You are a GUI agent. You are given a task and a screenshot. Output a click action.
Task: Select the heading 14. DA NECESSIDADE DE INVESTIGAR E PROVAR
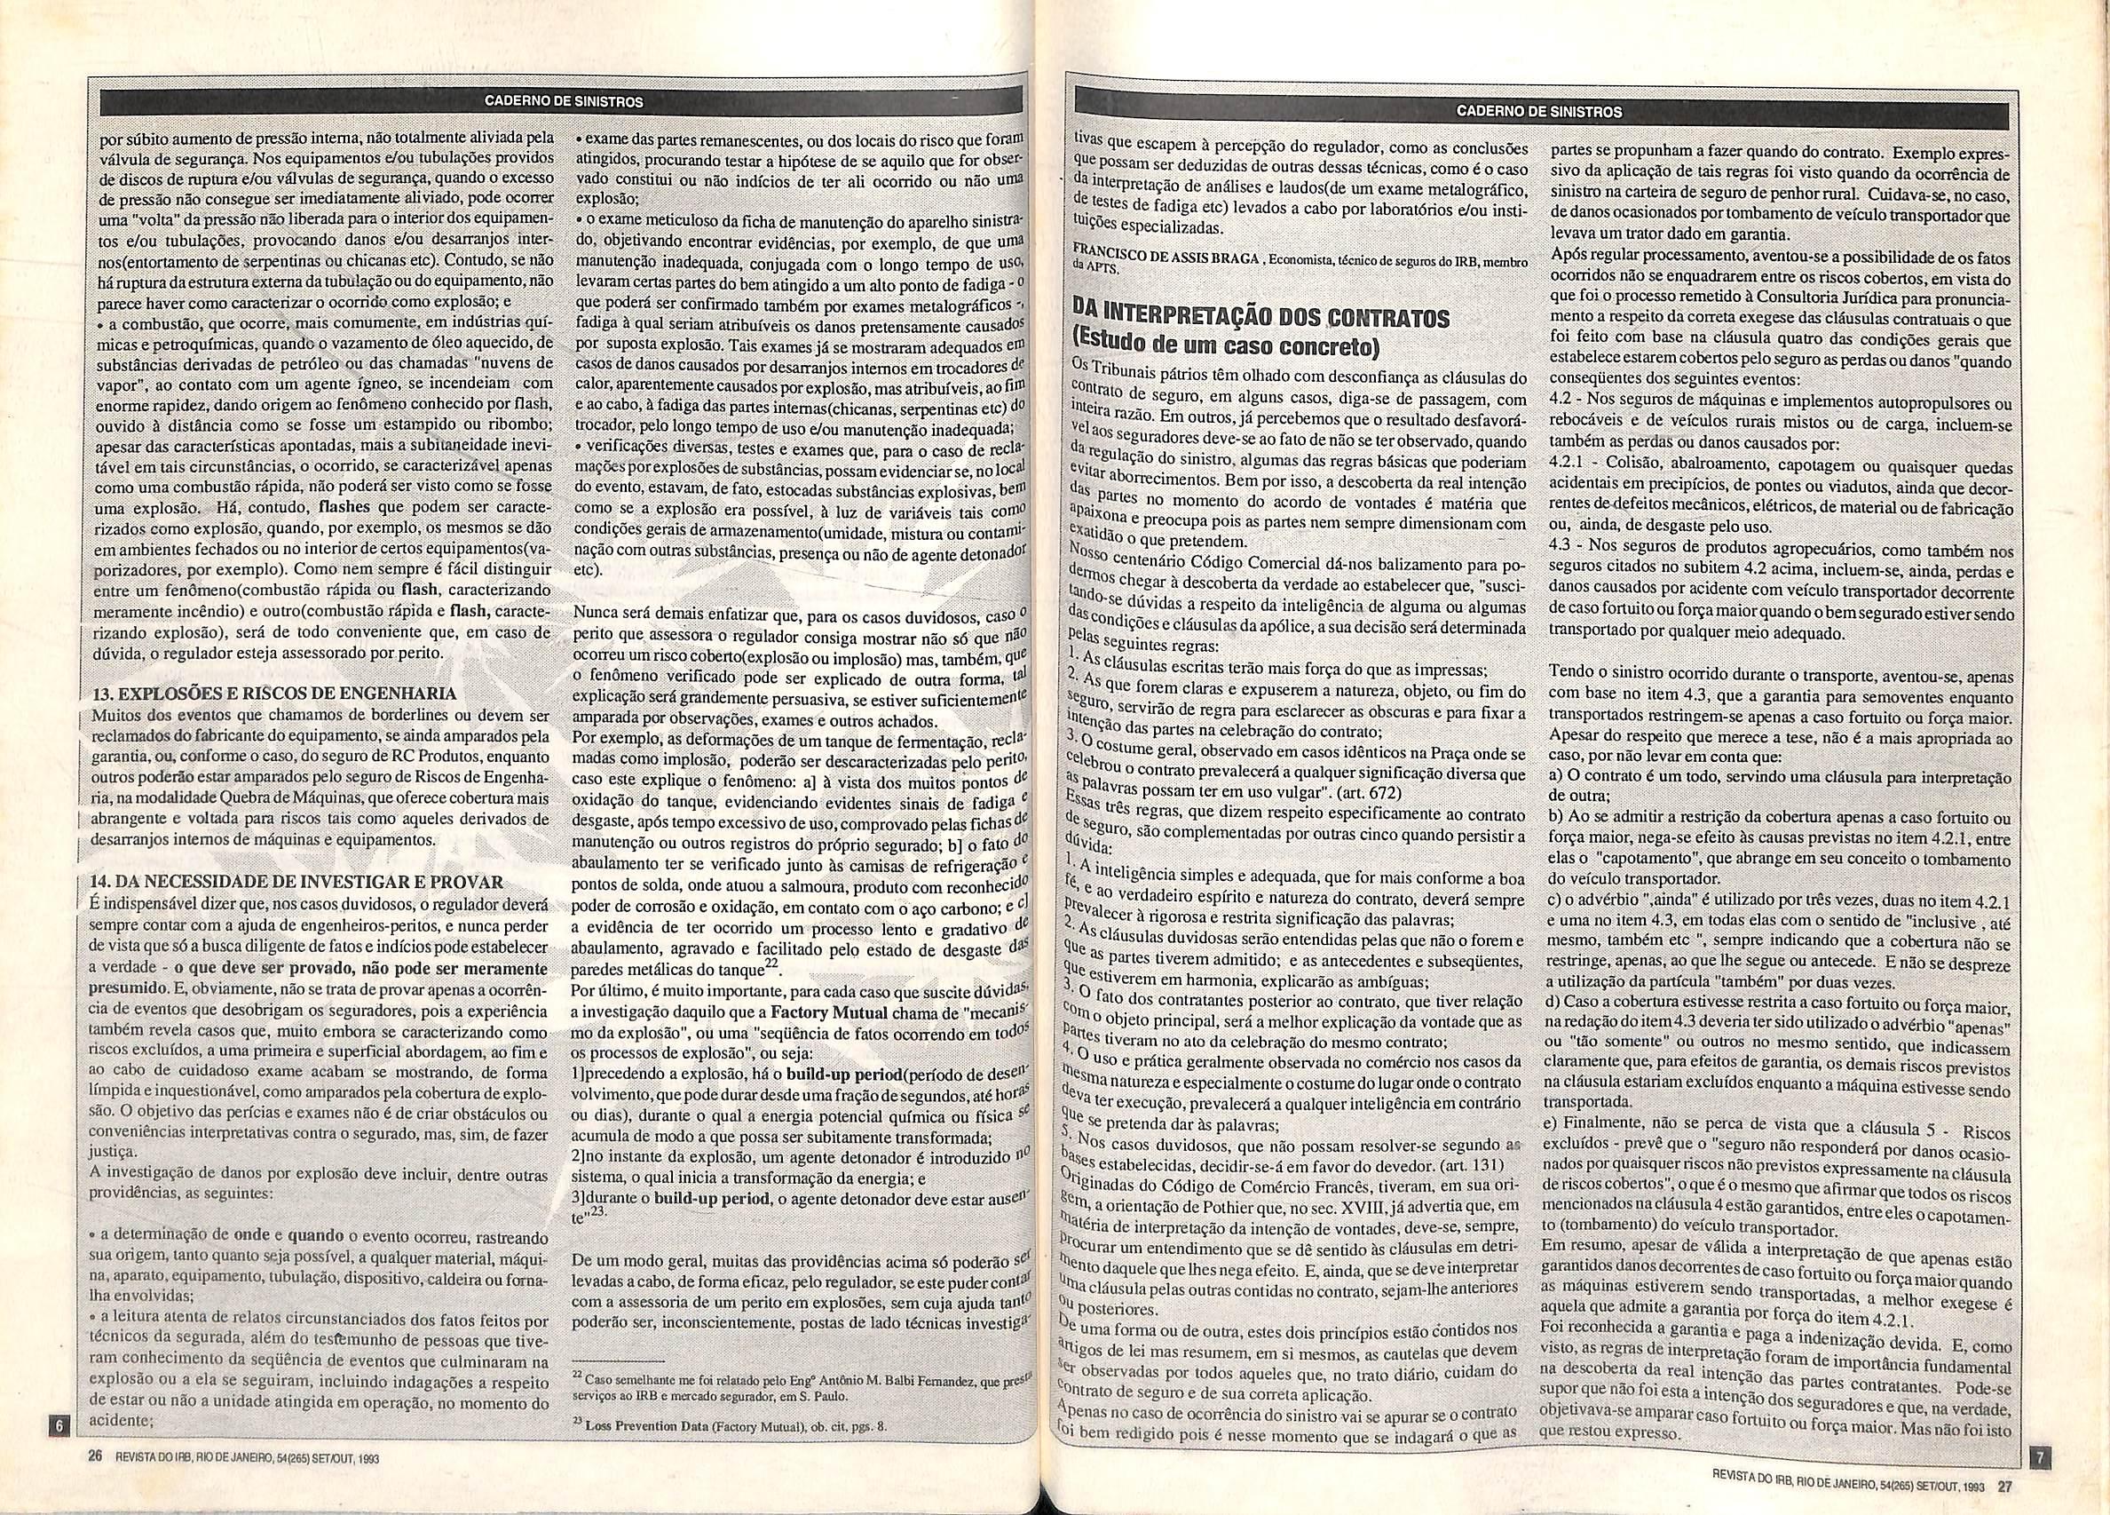tap(296, 882)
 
